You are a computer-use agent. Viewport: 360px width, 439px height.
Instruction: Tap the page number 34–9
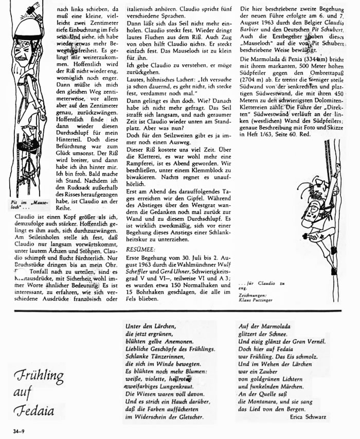[x=13, y=429]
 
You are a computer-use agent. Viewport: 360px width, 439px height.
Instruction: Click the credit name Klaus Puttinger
[x=256, y=299]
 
